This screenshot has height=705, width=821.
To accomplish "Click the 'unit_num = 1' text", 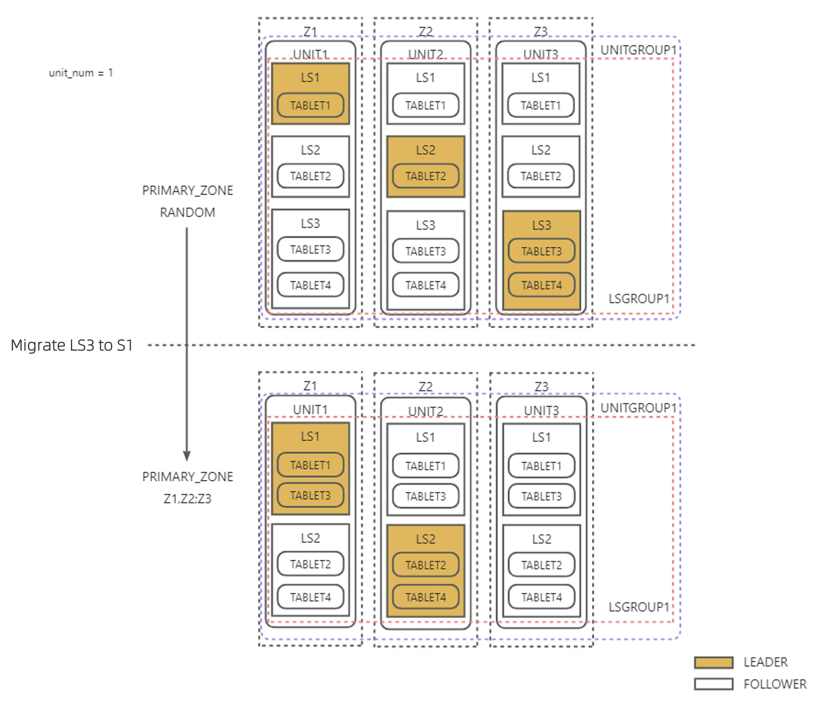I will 81,73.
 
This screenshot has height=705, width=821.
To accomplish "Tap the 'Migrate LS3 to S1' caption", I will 71,345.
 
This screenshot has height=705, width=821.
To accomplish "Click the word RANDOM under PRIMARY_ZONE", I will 187,212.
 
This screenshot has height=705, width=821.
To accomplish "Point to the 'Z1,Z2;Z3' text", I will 187,499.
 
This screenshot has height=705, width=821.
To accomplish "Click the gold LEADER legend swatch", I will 714,662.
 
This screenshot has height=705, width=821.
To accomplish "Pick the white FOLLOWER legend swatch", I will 714,684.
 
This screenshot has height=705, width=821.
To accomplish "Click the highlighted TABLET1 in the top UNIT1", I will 310,106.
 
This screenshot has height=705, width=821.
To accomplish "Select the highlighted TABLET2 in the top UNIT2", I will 425,176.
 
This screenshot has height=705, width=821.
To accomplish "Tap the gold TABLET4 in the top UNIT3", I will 541,285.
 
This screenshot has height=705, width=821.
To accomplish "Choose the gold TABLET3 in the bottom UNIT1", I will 310,495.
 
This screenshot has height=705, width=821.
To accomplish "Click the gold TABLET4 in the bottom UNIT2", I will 425,597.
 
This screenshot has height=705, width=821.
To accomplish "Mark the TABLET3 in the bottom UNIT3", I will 541,496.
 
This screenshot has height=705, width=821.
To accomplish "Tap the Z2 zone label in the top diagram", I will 425,31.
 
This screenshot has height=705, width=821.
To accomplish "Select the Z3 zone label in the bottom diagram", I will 541,386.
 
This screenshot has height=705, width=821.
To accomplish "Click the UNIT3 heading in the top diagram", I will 541,54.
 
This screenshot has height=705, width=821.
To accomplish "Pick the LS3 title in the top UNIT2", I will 425,225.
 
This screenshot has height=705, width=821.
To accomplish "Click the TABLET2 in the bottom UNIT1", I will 310,564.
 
